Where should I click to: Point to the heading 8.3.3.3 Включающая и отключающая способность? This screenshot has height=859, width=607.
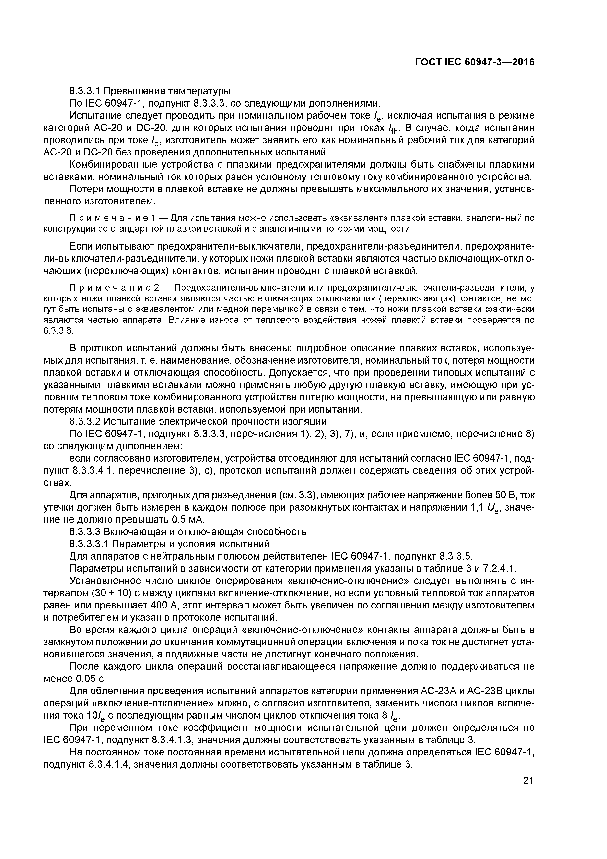(x=188, y=532)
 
